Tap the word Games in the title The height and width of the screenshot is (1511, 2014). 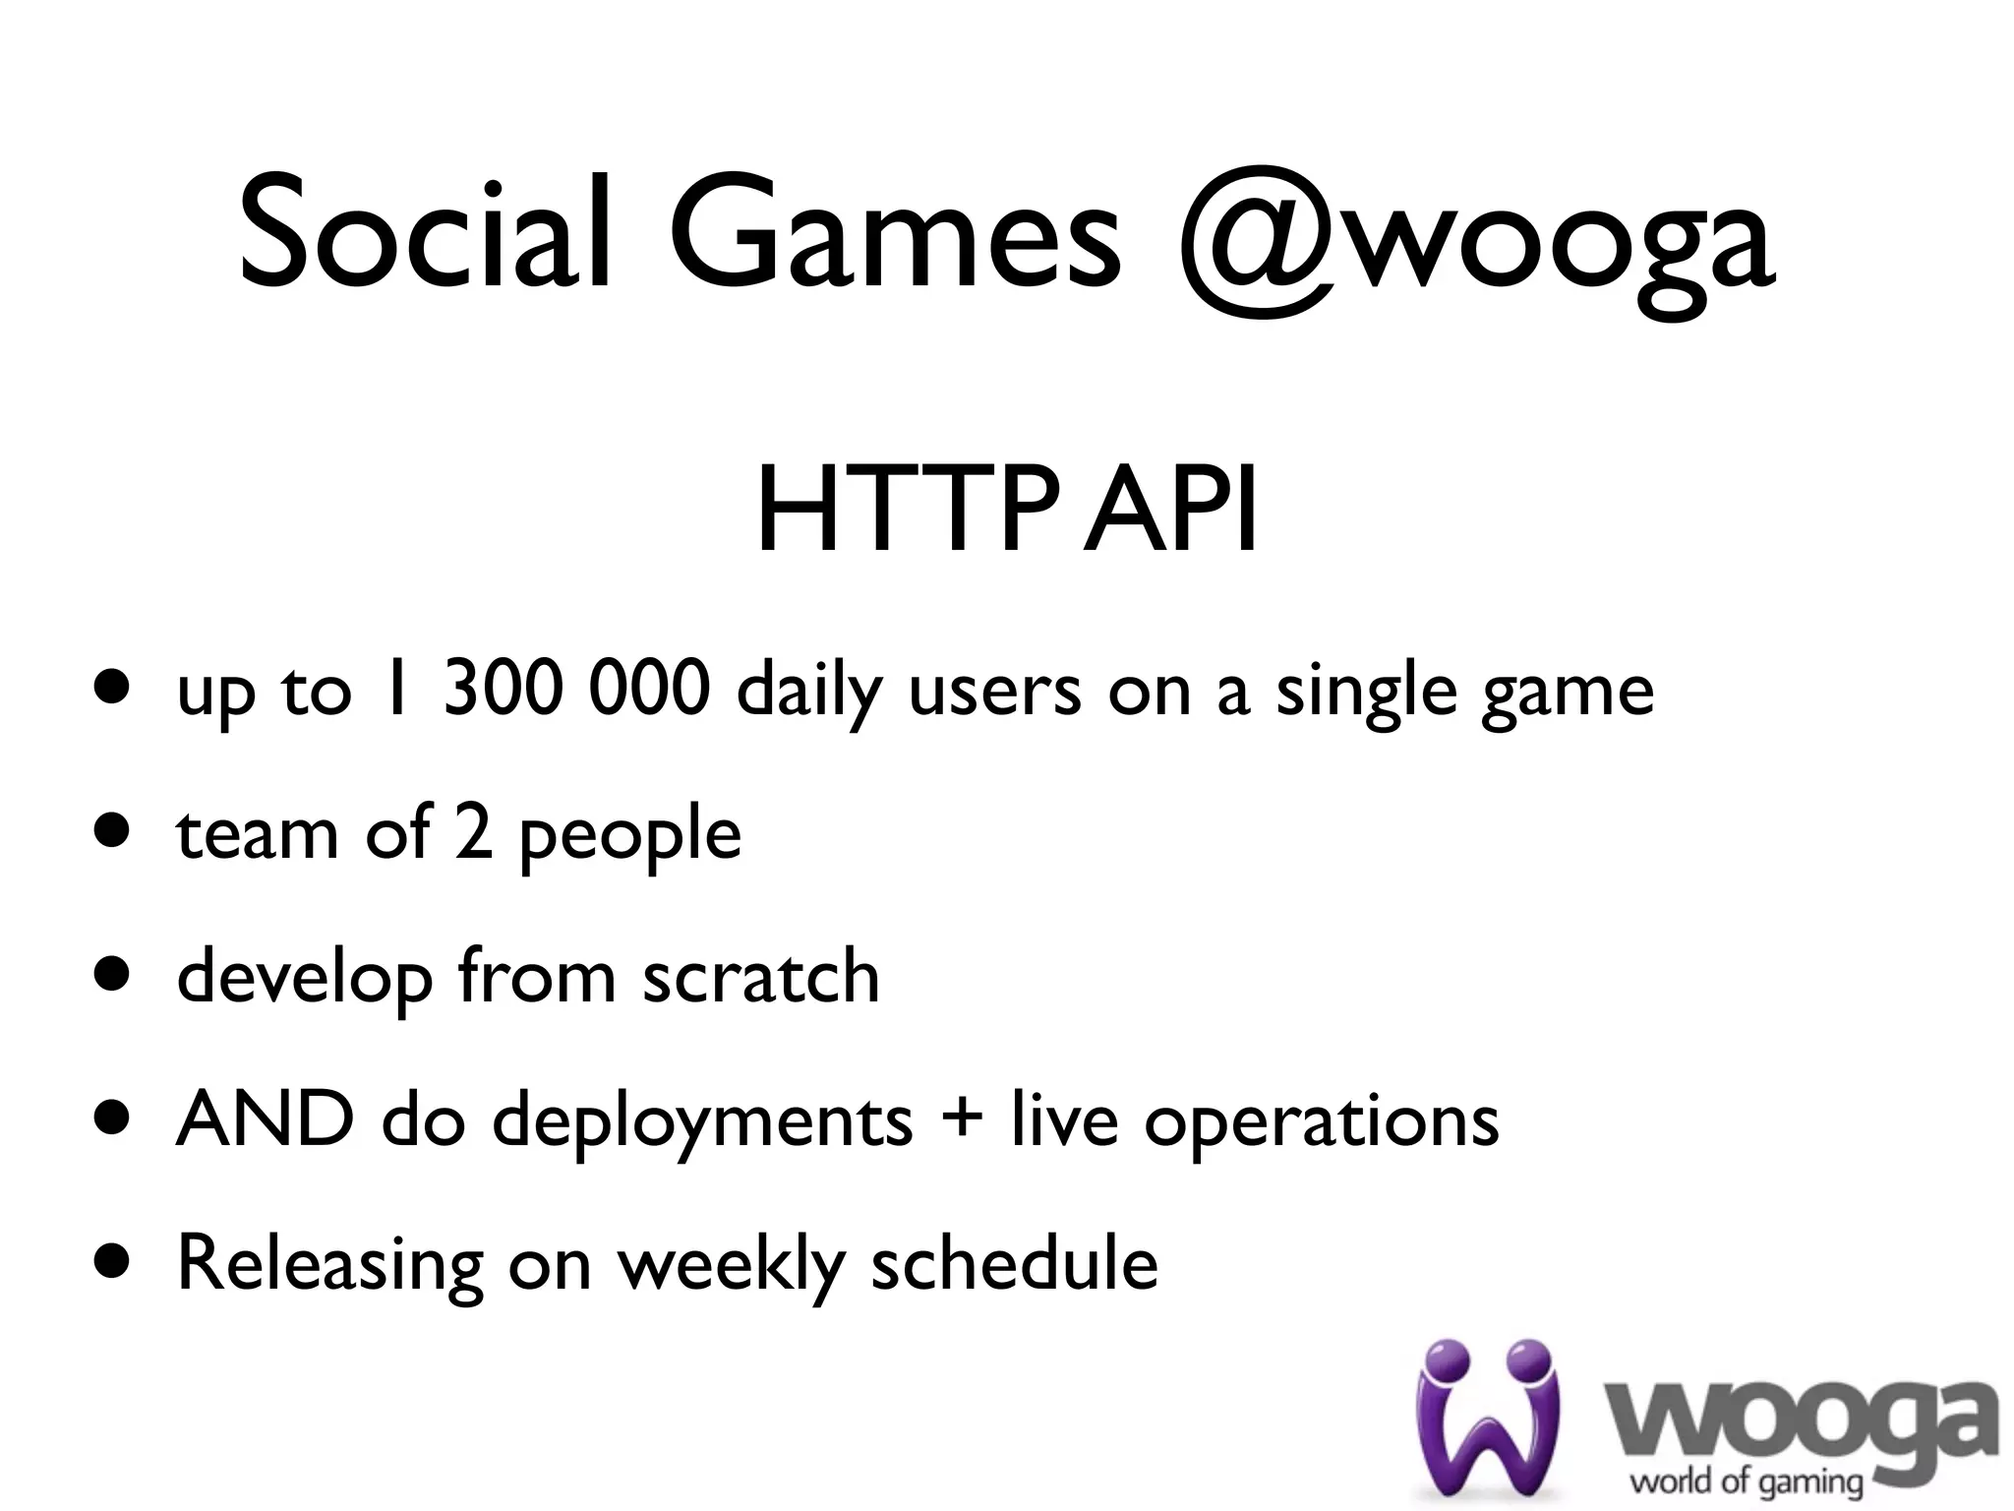pyautogui.click(x=895, y=234)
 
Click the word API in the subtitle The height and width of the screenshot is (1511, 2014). pyautogui.click(x=1169, y=512)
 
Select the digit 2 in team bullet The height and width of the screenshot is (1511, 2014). pyautogui.click(x=473, y=832)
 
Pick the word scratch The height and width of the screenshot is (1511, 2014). pyautogui.click(x=761, y=976)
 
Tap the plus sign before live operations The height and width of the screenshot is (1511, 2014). pyautogui.click(x=962, y=1121)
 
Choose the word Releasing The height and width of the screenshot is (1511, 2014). pyautogui.click(x=330, y=1265)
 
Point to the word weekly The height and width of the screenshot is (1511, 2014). pyautogui.click(x=732, y=1265)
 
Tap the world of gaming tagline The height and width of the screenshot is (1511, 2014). pyautogui.click(x=1747, y=1481)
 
